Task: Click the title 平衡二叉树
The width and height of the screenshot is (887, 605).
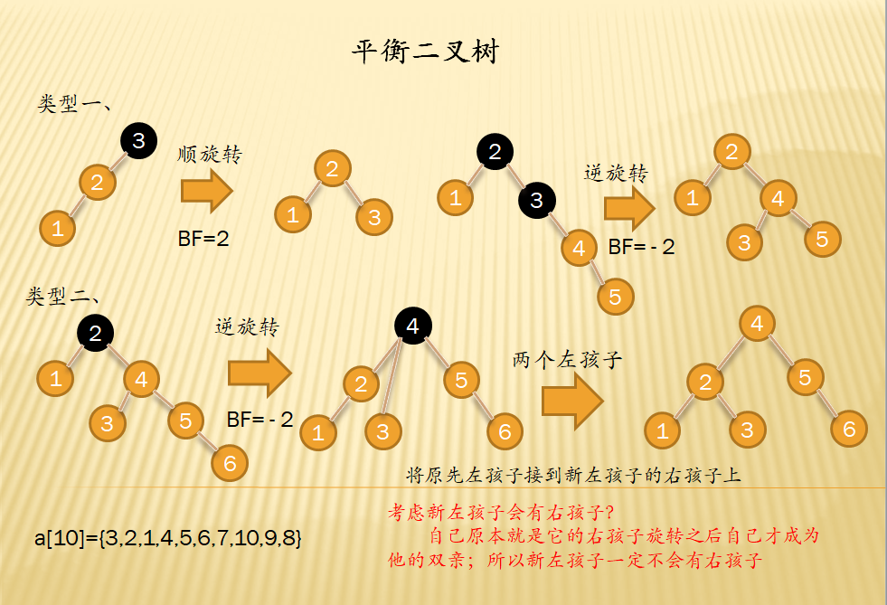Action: [x=424, y=52]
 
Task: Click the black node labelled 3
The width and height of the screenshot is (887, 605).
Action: [x=138, y=140]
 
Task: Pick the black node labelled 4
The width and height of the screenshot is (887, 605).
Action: [x=412, y=326]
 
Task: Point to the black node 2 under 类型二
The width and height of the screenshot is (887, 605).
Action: [x=95, y=332]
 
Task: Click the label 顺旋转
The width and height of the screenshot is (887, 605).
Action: [x=211, y=154]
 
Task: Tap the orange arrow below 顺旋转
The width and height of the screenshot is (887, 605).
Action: [x=207, y=192]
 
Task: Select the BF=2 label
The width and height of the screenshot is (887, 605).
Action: [x=203, y=240]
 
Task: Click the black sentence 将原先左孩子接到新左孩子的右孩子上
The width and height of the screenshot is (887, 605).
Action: [x=573, y=475]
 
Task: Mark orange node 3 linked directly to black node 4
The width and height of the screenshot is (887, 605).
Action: [x=382, y=431]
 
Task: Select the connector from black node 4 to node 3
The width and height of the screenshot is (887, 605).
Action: [x=394, y=380]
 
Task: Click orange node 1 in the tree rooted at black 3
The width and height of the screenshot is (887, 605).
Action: [x=57, y=228]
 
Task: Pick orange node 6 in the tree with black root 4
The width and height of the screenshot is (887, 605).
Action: [x=505, y=431]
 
